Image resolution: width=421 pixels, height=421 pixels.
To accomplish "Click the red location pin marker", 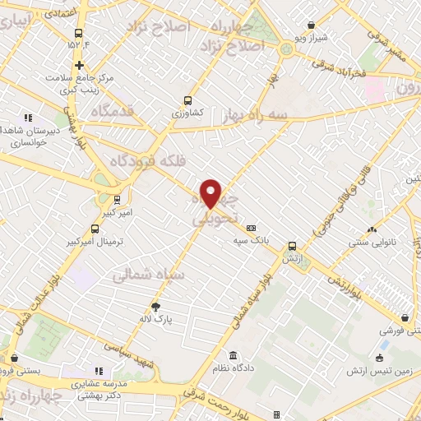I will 211,192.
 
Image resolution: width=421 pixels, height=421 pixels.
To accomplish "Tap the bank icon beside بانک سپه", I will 251,228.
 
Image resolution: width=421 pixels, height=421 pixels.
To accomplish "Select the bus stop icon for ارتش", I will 292,245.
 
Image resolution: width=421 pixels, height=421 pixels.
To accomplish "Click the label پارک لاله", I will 156,317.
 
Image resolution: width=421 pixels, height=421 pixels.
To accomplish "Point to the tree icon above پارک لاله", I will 156,307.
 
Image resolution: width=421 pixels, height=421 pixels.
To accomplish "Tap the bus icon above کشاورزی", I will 187,103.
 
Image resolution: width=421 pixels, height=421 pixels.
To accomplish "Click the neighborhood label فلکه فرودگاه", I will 161,152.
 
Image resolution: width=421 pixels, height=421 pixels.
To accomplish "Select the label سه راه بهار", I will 255,118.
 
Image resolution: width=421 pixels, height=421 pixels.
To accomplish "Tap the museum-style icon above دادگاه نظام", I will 234,355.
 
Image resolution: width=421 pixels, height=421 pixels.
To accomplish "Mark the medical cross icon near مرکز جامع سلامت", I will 79,65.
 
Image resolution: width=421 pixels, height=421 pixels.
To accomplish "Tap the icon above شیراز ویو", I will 311,25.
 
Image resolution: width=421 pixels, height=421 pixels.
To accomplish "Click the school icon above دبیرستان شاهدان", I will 29,118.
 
